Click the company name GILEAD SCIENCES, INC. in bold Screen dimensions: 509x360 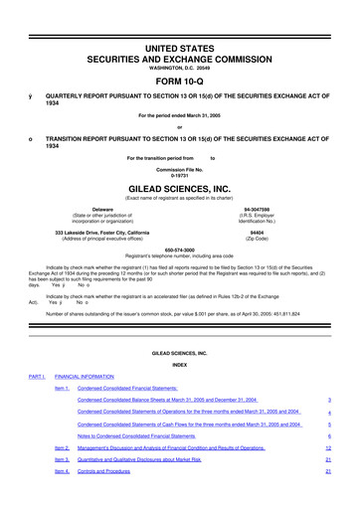180,185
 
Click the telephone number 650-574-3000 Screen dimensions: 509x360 180,250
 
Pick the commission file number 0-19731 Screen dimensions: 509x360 180,172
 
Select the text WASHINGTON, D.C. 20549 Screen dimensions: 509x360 180,41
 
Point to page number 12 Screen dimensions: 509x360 327,448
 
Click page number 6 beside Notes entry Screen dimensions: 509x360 328,436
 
